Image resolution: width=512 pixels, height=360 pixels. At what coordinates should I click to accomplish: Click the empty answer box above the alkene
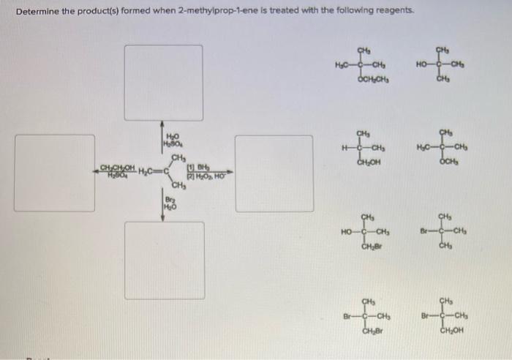(x=163, y=82)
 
